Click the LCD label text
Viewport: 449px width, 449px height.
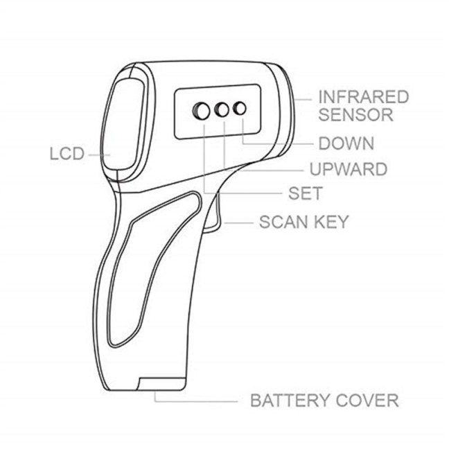point(67,154)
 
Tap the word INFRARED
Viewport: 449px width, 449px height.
point(363,97)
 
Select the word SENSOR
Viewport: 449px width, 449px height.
point(356,114)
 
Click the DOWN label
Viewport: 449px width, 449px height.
point(346,143)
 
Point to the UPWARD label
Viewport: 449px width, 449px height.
point(349,169)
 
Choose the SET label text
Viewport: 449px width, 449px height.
point(306,193)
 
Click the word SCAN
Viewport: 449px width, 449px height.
point(284,222)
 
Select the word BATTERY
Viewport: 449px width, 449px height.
point(290,400)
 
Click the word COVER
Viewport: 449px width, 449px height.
point(367,400)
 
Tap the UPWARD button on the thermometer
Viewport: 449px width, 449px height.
point(222,109)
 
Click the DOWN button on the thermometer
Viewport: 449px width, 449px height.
point(240,108)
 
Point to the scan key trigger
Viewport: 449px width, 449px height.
point(213,211)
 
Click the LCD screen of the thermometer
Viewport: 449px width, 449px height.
point(123,125)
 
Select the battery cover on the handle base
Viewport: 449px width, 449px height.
point(161,383)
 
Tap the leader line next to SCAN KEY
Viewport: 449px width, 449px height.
point(239,222)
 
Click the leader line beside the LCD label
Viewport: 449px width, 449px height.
point(99,155)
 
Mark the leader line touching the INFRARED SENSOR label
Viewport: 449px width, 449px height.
point(303,100)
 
